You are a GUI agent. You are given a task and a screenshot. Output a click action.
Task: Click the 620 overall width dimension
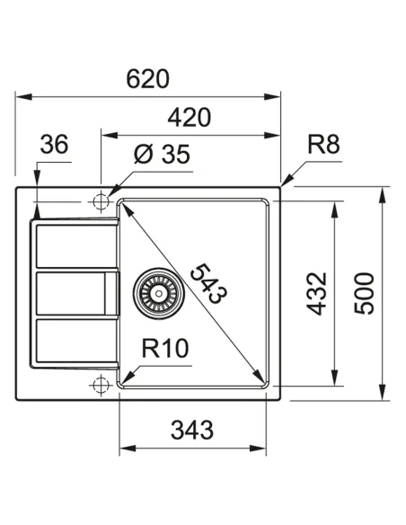(x=147, y=79)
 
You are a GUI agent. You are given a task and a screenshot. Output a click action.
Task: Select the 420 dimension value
(x=189, y=118)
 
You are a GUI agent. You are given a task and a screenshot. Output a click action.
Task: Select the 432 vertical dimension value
(x=319, y=293)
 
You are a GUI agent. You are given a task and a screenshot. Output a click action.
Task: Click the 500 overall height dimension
(x=366, y=293)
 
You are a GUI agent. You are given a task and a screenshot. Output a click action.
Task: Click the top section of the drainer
(x=75, y=245)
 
